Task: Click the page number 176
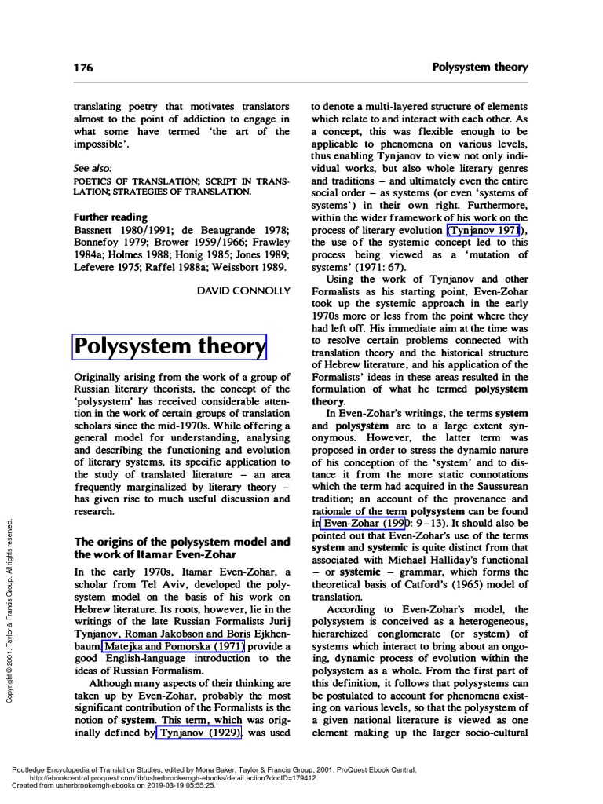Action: pos(84,68)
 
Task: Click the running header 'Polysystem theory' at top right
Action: pos(480,68)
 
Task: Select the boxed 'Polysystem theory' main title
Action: pos(170,345)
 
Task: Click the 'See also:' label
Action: pos(93,168)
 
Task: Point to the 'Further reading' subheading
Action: pos(111,217)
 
